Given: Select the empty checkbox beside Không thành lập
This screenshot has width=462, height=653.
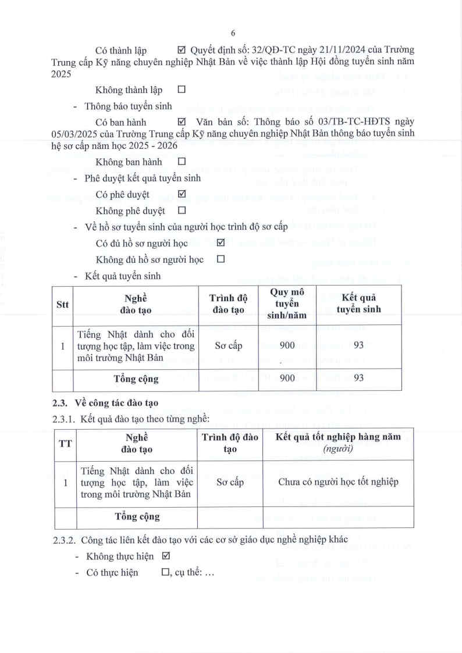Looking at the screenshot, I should (x=181, y=90).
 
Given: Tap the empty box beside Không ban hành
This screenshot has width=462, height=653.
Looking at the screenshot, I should (x=181, y=162).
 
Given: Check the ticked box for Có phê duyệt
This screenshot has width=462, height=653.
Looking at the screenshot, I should (x=181, y=194).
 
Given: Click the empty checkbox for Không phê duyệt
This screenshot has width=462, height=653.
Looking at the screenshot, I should (x=181, y=210).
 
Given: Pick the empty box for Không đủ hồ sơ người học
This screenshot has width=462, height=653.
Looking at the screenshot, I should (x=221, y=259).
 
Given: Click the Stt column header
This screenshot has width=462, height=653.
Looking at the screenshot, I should (x=62, y=304).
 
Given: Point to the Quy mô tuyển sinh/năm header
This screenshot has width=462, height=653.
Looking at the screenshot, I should (x=287, y=304).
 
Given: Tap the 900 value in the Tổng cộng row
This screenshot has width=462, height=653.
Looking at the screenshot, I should (x=287, y=379).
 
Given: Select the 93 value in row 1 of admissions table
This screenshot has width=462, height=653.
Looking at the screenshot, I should (x=358, y=345).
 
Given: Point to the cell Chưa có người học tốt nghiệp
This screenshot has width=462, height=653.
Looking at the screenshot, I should (x=338, y=482).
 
